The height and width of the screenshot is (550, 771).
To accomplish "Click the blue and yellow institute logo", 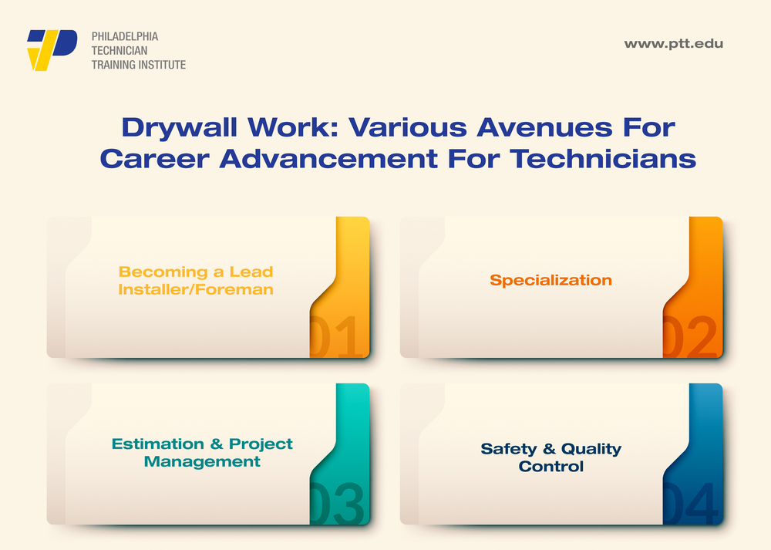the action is click(52, 50).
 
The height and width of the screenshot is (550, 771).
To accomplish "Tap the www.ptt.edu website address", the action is click(674, 44).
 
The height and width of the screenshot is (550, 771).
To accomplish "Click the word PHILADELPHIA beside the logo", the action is click(125, 36).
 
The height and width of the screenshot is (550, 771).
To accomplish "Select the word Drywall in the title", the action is click(180, 128).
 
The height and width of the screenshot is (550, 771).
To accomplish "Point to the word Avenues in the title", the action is click(544, 127).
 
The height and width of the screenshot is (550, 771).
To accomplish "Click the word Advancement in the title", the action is click(328, 159).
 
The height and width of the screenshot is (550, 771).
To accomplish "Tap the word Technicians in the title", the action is click(603, 159).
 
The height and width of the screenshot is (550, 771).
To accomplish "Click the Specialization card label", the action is click(550, 280).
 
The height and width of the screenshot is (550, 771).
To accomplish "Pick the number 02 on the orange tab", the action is click(689, 336).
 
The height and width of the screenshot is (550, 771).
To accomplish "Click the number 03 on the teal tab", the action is click(337, 503).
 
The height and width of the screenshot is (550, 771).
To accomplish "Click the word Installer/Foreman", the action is click(196, 289).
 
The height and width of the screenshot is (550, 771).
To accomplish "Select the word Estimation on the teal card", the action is click(158, 444).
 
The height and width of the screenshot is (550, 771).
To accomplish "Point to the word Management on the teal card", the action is click(202, 461).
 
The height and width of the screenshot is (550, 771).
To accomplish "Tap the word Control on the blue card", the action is click(550, 467).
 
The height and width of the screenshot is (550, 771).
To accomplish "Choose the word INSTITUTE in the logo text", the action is click(162, 65).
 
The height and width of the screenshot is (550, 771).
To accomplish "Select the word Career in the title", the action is click(155, 159).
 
